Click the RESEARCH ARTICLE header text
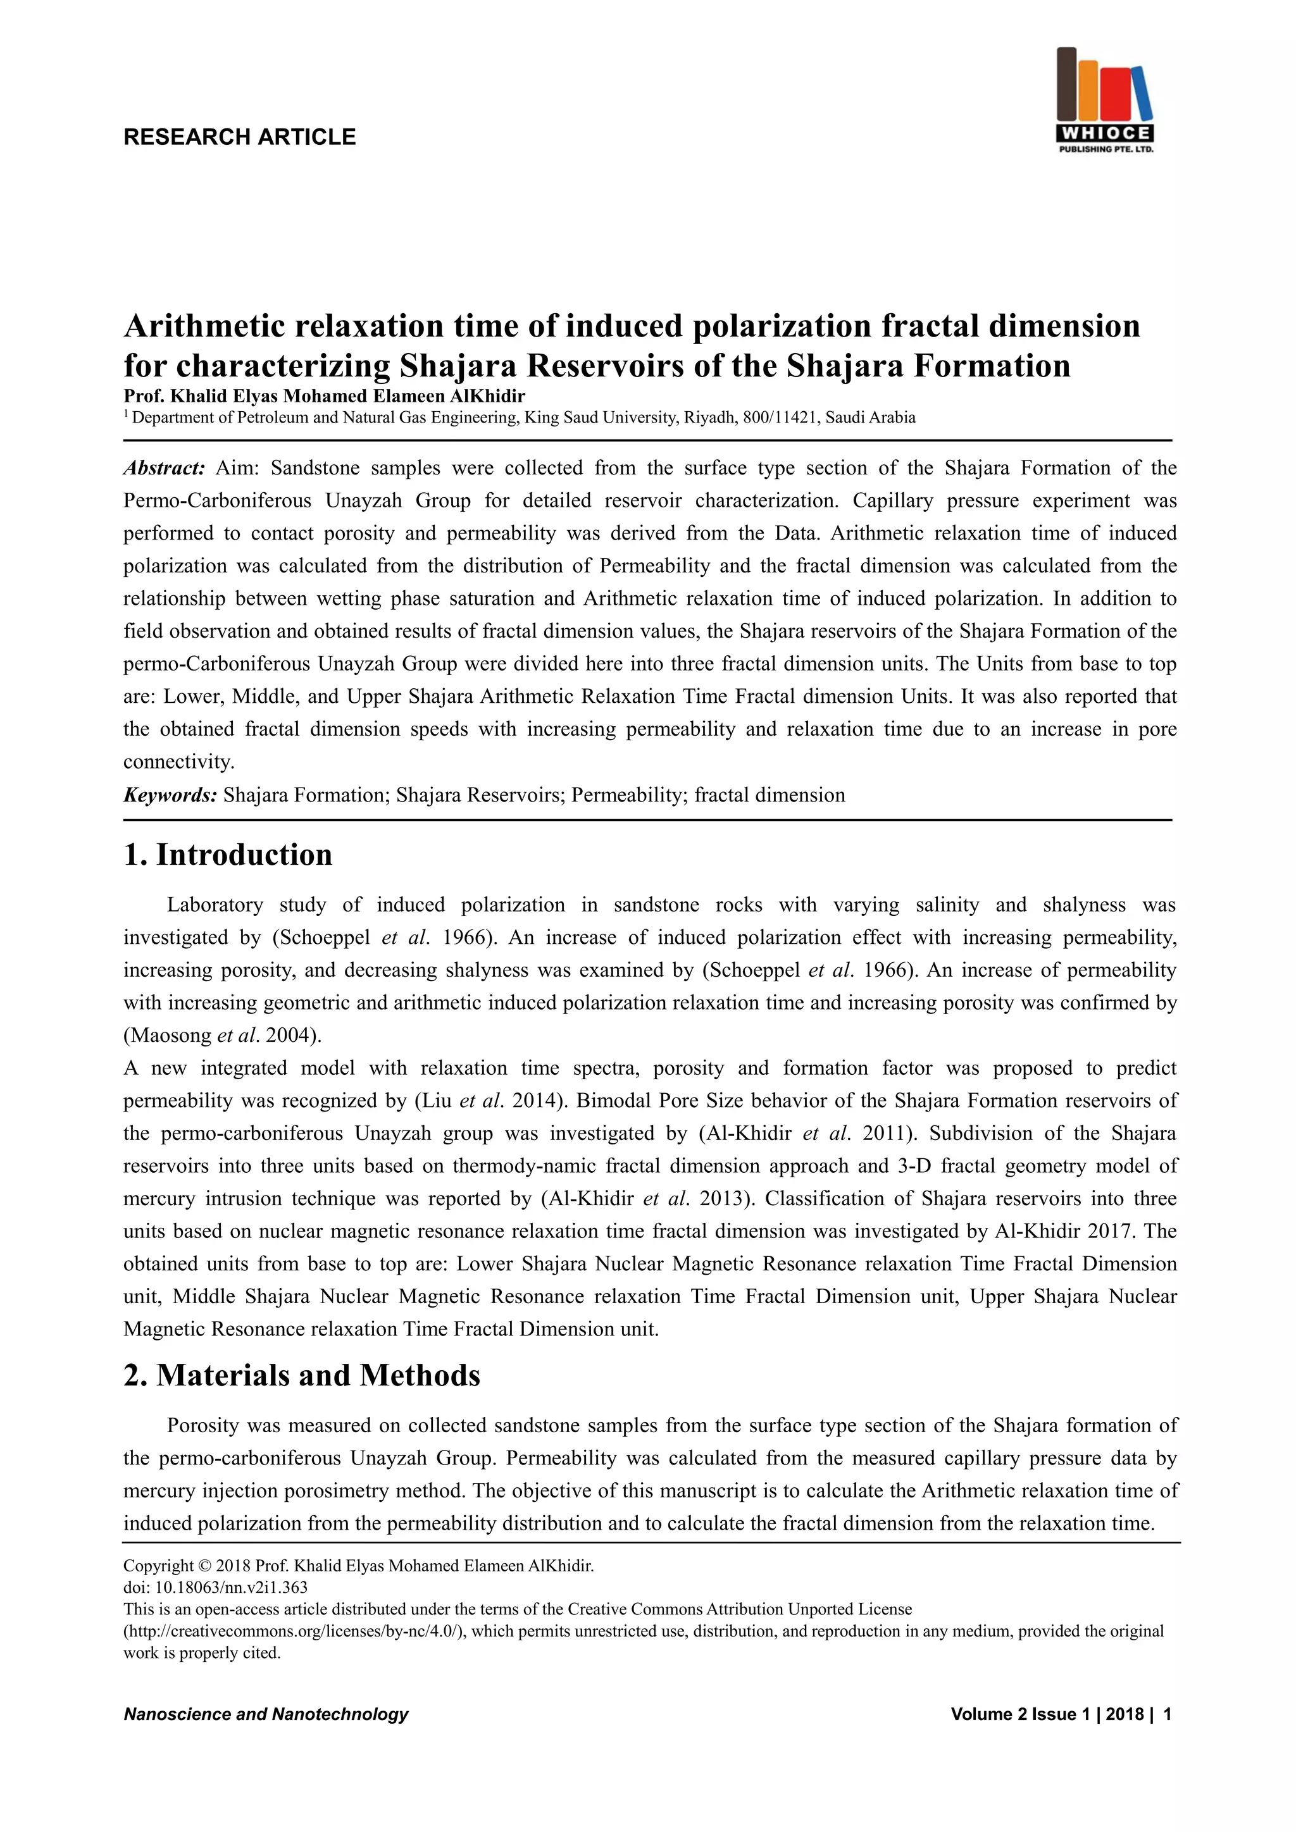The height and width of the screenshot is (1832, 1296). tap(239, 137)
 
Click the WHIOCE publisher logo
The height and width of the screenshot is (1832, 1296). tap(1104, 101)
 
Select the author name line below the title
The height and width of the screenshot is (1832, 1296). tap(324, 397)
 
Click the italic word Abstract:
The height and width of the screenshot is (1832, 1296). tap(165, 467)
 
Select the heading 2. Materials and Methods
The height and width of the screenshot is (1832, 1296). tap(302, 1376)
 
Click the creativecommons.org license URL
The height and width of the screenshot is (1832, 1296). tap(293, 1631)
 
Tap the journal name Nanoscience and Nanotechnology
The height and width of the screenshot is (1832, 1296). tap(266, 1714)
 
